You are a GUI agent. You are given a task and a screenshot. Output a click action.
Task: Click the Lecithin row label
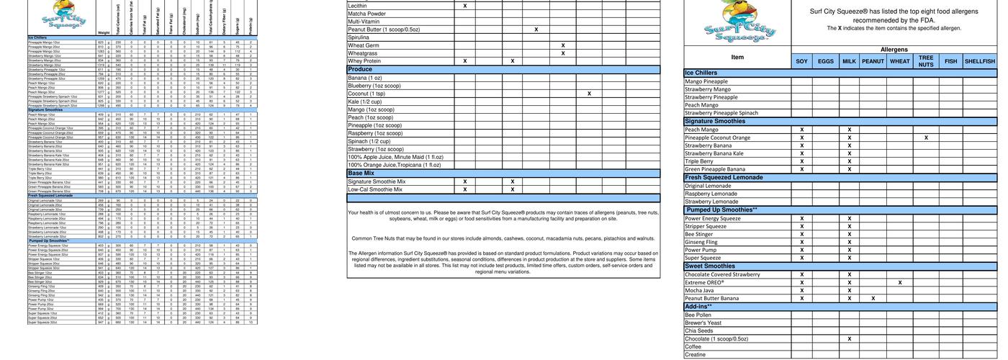(x=357, y=6)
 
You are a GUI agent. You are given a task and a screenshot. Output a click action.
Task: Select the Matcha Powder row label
(x=366, y=14)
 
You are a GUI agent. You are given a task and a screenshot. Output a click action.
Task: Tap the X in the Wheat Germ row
(x=563, y=45)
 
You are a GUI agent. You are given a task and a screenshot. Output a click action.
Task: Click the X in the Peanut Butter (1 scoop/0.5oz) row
(x=536, y=30)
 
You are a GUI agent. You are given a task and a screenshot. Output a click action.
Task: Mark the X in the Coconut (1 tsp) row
(x=589, y=94)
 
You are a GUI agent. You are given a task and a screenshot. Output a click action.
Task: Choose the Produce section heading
(x=361, y=70)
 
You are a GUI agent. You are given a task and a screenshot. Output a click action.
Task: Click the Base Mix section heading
(x=361, y=174)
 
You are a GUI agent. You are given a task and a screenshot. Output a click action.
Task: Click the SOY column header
(x=801, y=62)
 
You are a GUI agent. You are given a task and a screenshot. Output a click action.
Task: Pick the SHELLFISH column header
(x=979, y=62)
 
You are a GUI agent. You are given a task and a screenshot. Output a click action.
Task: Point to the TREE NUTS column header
(x=926, y=62)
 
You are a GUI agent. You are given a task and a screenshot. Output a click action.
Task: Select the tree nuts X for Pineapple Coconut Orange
(x=926, y=138)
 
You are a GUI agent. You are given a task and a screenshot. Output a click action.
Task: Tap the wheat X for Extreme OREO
(x=900, y=282)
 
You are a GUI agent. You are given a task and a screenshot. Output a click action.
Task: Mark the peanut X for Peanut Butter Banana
(x=873, y=298)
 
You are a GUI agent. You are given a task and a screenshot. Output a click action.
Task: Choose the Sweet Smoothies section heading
(x=710, y=266)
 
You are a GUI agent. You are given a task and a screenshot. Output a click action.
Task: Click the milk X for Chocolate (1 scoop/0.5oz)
(x=850, y=338)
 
